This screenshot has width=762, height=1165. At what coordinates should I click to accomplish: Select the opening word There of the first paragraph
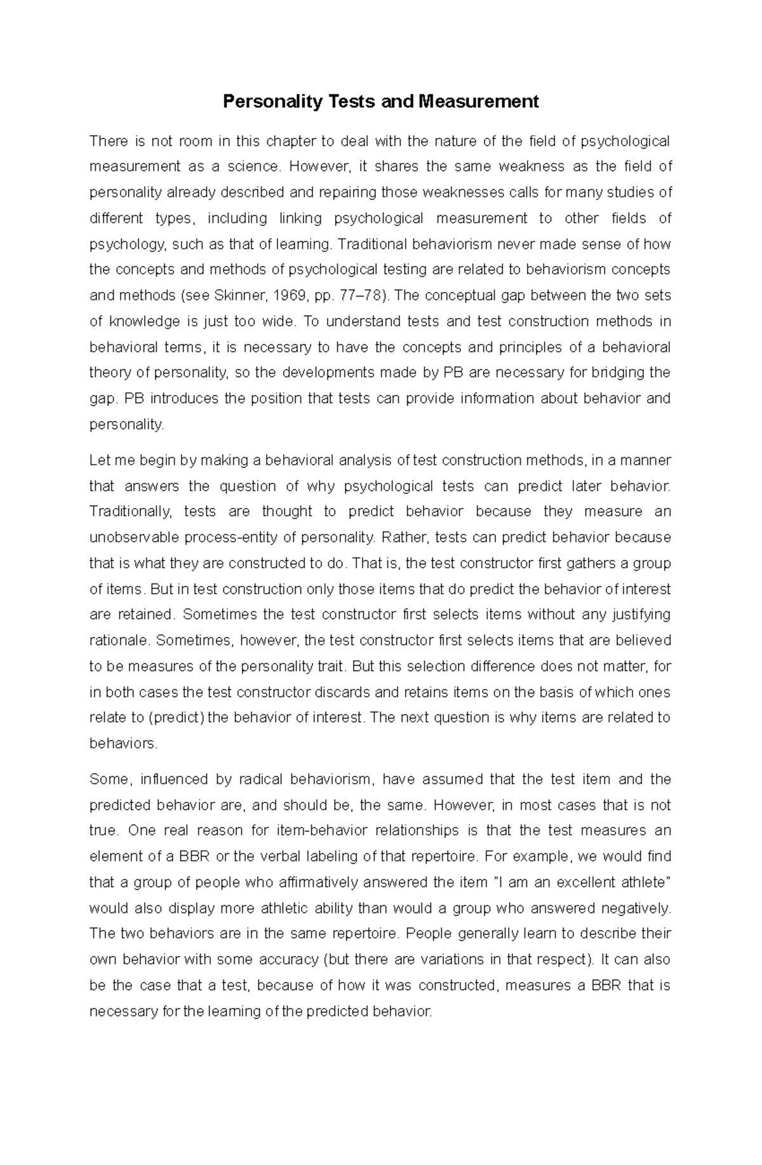pyautogui.click(x=108, y=141)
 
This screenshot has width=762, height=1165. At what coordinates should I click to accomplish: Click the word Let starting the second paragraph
pyautogui.click(x=100, y=460)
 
